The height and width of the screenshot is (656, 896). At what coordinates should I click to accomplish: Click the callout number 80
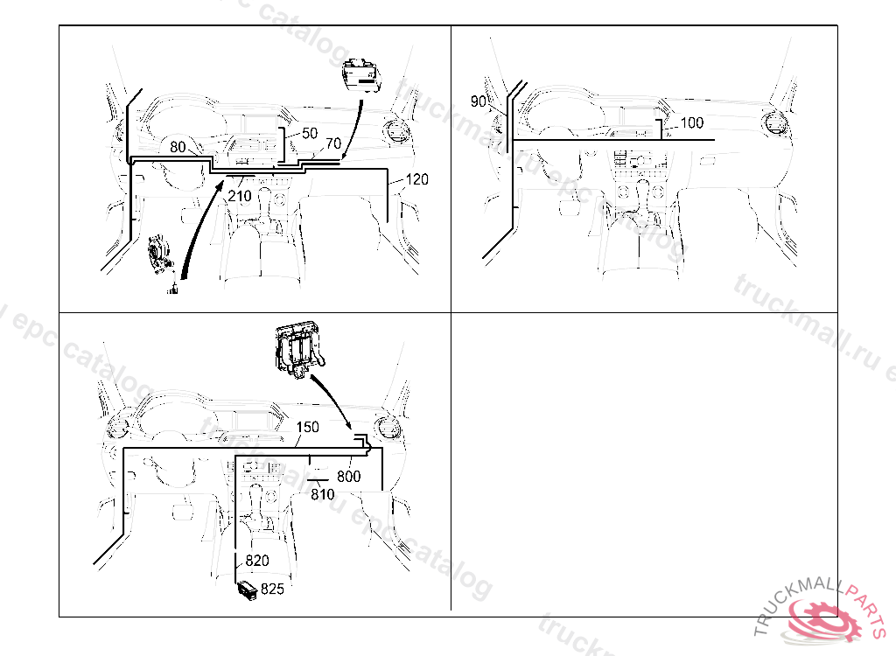(178, 147)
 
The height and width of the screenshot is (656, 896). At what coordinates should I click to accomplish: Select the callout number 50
(310, 134)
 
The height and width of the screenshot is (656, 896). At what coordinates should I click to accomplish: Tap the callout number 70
(333, 143)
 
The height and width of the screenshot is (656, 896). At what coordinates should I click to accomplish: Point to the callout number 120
(416, 180)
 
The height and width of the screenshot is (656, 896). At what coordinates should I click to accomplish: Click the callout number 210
(240, 197)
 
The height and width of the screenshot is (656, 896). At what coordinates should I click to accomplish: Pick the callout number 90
(479, 101)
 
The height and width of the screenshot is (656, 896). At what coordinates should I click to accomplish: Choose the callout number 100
(691, 123)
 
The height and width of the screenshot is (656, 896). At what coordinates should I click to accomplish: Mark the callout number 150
(308, 428)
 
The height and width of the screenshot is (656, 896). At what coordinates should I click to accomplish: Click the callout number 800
(349, 477)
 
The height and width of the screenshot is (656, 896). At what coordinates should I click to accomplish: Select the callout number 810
(323, 494)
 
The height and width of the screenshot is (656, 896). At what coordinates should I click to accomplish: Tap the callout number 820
(256, 561)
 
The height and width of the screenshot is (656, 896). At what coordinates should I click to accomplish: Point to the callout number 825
(273, 590)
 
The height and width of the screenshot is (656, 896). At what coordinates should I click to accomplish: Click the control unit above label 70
(361, 73)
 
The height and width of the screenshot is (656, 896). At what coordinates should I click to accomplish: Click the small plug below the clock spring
(174, 288)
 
